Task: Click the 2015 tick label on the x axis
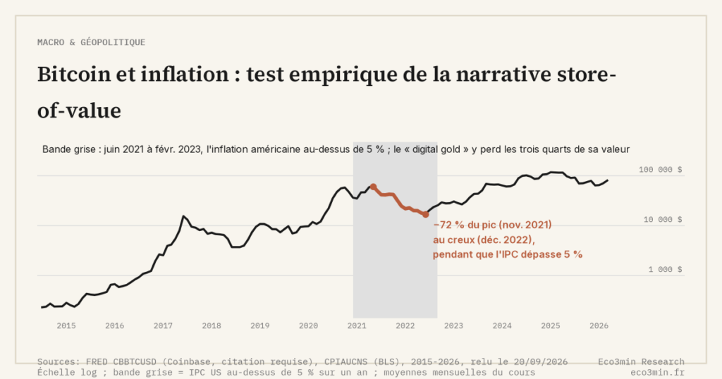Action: (66, 325)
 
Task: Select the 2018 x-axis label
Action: (212, 325)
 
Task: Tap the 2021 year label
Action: (357, 325)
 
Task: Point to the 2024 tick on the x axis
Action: (502, 325)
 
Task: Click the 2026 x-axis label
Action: (599, 325)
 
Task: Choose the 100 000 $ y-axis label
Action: (660, 170)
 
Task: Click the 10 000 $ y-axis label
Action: (663, 220)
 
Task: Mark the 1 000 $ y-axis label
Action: (666, 270)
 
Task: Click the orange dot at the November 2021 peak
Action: (374, 187)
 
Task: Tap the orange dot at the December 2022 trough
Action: (426, 214)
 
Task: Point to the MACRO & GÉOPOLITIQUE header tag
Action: (91, 42)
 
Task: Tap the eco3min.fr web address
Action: (658, 373)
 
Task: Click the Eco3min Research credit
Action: (642, 362)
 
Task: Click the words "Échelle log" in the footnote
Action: (67, 373)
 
